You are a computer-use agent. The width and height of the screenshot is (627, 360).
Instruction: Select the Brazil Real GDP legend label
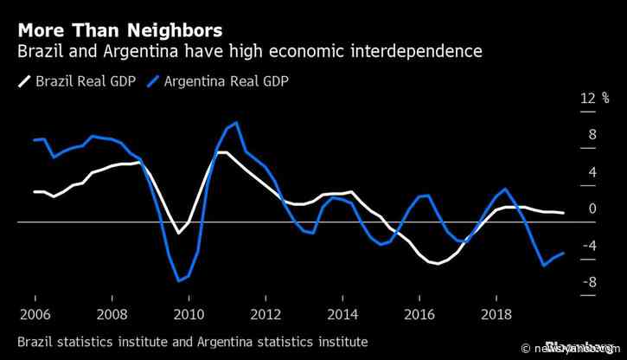tap(81, 82)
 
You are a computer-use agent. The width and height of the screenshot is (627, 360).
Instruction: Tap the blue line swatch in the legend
tap(157, 82)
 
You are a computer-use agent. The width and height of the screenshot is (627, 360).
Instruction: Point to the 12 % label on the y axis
tap(589, 98)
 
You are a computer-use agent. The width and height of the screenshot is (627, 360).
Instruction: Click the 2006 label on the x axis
tap(35, 312)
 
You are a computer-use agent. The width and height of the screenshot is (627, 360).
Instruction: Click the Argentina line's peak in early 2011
tap(236, 123)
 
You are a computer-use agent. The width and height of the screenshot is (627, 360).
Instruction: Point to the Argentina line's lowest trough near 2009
tap(179, 280)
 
